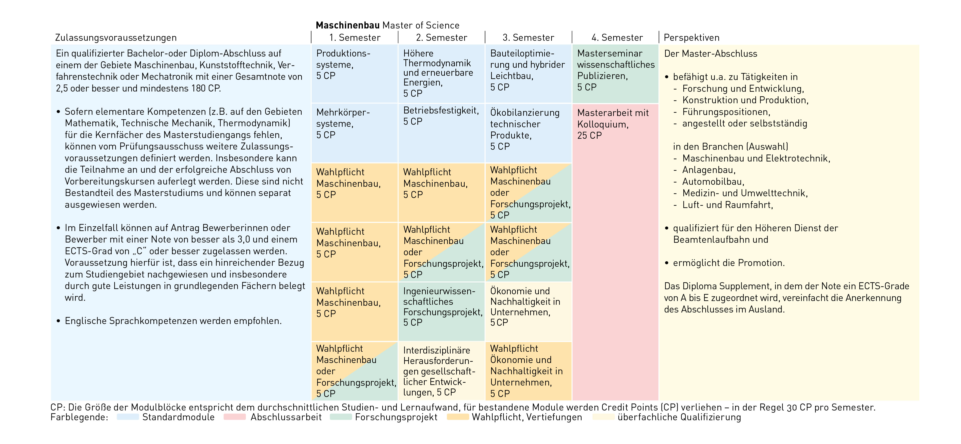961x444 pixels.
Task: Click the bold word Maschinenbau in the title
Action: [347, 25]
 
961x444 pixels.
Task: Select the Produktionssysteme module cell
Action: [354, 73]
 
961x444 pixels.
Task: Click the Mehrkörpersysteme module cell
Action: [354, 132]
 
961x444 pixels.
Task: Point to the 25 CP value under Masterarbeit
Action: [589, 135]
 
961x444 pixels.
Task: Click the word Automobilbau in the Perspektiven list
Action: [713, 182]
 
